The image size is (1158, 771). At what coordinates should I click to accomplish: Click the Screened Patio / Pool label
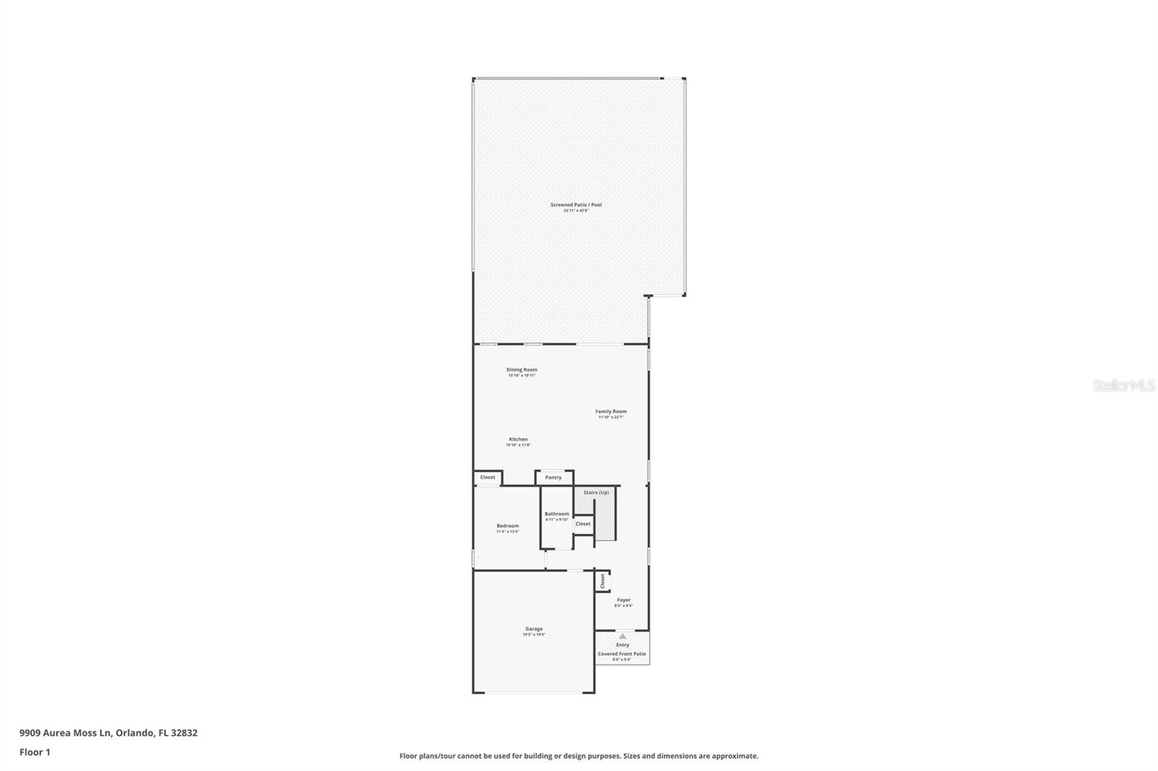(575, 205)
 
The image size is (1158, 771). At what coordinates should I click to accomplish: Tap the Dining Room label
(521, 370)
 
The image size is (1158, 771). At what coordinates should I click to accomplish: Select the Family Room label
(611, 412)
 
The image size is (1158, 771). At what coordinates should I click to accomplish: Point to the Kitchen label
(518, 439)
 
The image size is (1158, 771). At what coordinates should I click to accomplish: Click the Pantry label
(554, 477)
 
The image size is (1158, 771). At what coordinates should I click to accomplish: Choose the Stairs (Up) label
(596, 493)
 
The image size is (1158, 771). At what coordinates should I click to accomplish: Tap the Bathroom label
(557, 514)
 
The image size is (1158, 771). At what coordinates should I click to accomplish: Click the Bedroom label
(507, 526)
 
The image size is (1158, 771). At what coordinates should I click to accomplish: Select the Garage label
(534, 629)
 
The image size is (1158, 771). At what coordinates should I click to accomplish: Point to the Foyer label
(623, 600)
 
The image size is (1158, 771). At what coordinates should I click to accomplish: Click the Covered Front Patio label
(622, 654)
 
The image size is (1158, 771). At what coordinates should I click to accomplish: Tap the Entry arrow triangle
(622, 636)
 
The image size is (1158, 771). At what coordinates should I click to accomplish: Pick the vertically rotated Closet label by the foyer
(602, 581)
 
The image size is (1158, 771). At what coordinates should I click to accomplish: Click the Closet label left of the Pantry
(488, 477)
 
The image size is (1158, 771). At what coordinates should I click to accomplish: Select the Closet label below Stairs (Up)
(583, 524)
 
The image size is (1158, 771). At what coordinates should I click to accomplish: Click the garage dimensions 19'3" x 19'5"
(534, 635)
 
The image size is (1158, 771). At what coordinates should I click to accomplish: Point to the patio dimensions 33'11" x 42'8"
(575, 210)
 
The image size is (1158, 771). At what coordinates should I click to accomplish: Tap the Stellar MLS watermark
(1123, 386)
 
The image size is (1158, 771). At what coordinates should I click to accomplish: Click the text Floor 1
(35, 752)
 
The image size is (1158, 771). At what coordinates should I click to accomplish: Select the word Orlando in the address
(133, 733)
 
